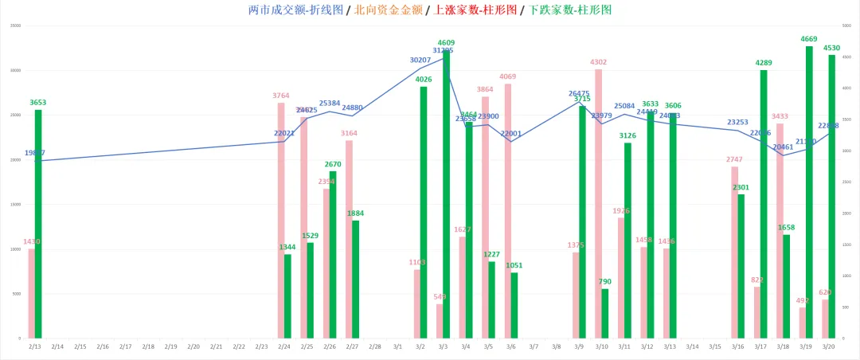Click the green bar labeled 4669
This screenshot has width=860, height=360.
tap(809, 191)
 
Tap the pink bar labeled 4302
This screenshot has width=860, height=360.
tap(598, 203)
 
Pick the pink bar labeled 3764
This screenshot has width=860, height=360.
tap(281, 220)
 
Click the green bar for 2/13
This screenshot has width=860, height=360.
tap(38, 223)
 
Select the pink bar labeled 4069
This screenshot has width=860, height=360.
tap(507, 210)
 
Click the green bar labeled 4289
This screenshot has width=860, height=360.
tap(764, 204)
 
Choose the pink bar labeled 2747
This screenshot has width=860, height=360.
tap(734, 252)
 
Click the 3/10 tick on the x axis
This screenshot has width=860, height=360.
tap(602, 347)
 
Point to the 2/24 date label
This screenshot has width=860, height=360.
tap(284, 347)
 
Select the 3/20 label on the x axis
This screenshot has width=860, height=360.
tap(829, 347)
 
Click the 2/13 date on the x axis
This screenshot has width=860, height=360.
tap(35, 347)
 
